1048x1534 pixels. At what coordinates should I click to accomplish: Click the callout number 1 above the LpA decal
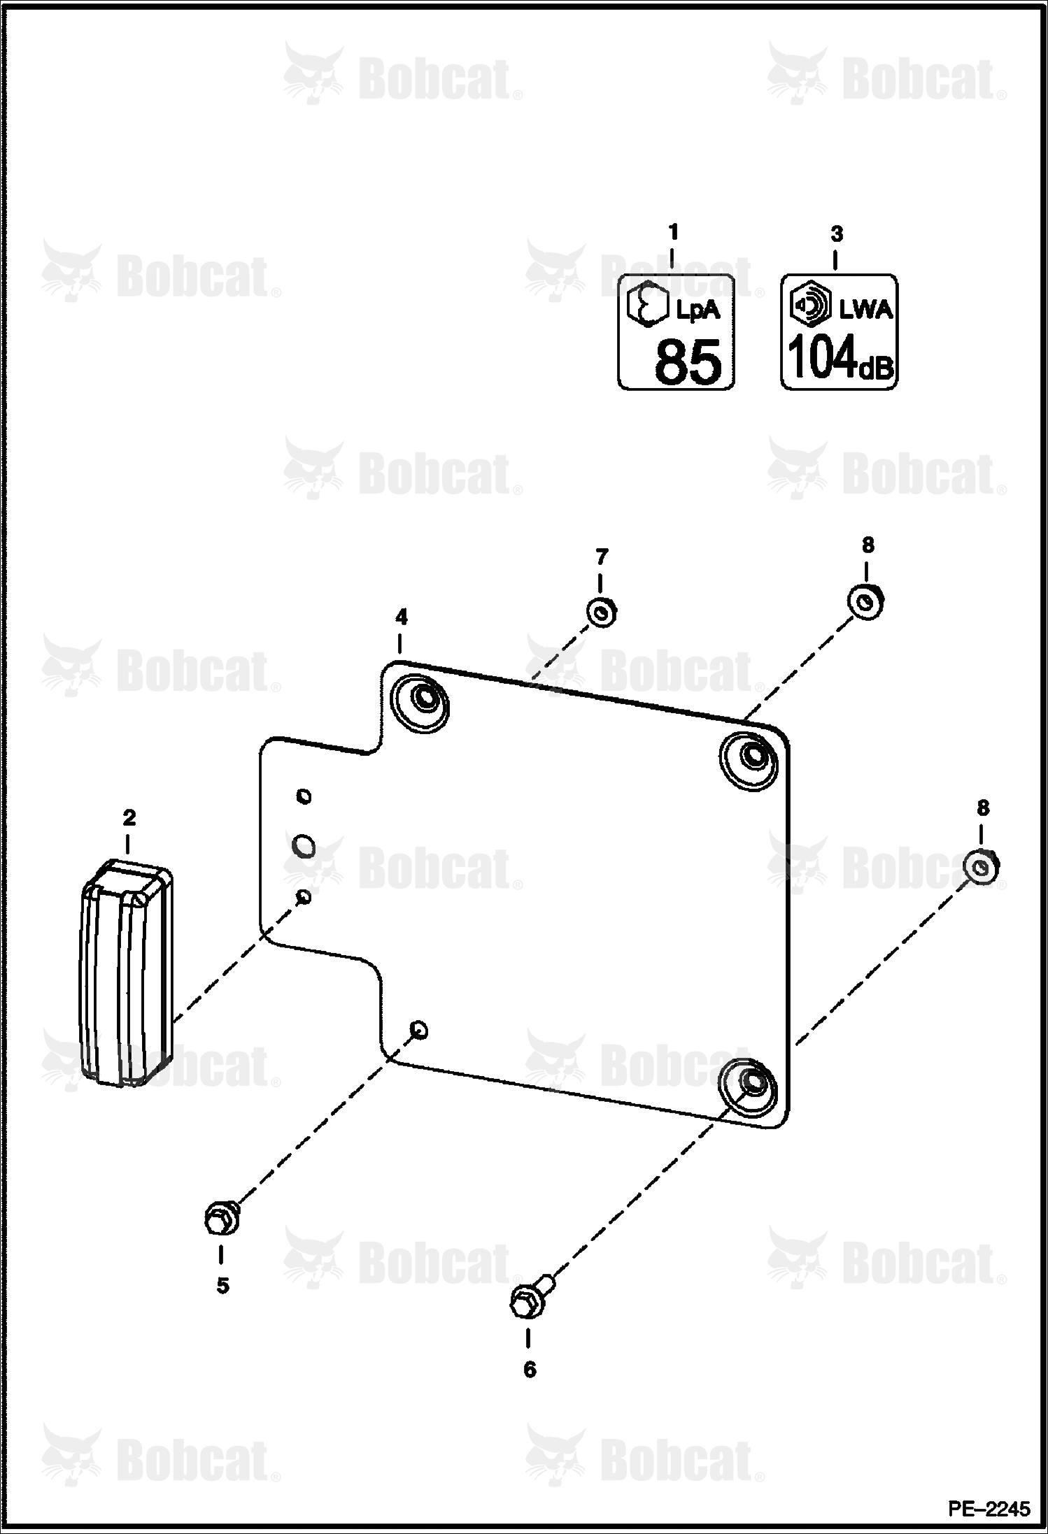673,231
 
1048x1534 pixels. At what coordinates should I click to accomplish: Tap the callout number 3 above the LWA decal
837,234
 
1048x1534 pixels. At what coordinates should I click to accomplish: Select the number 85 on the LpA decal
687,361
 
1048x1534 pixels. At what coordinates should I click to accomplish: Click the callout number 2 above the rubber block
129,817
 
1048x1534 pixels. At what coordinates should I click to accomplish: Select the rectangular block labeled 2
127,973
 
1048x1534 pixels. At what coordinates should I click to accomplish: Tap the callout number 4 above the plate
401,617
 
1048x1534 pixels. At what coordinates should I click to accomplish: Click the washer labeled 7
601,612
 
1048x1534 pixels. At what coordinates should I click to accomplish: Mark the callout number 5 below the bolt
222,1286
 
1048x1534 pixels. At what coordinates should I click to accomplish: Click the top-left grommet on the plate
420,703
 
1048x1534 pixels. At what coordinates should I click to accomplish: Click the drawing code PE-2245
989,1509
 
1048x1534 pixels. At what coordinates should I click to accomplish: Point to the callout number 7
602,557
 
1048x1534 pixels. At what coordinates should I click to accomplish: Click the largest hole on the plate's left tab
304,847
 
